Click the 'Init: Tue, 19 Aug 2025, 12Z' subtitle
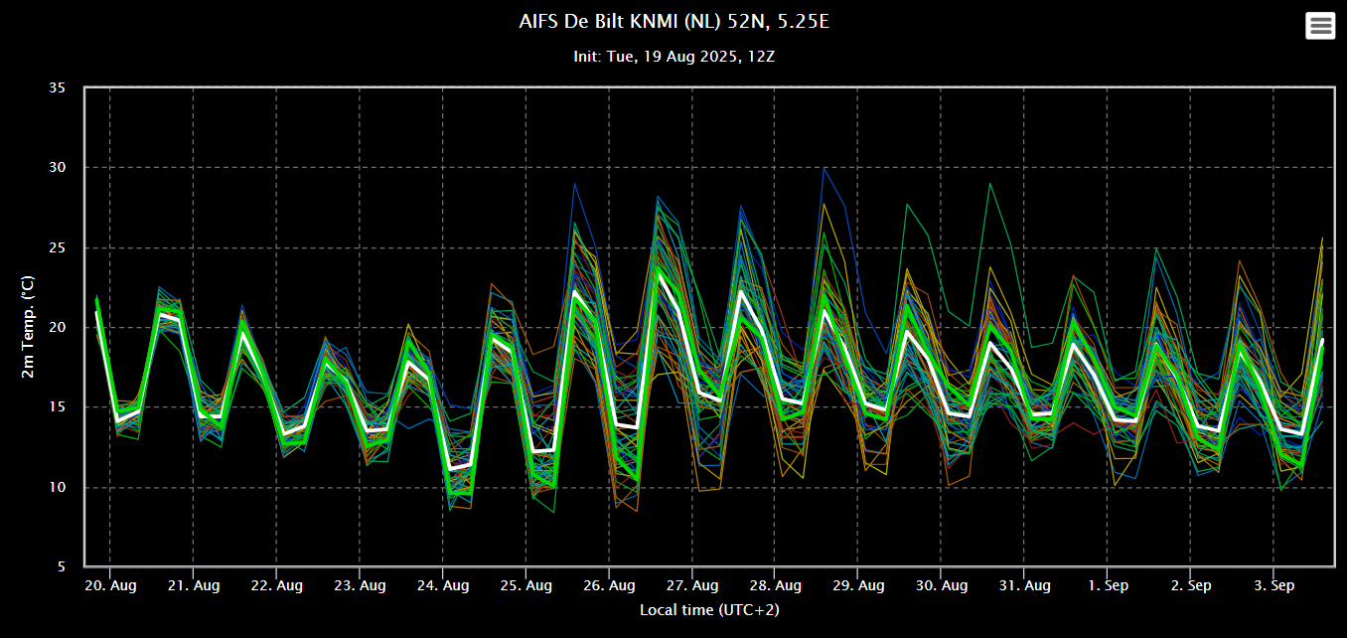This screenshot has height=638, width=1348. [x=674, y=57]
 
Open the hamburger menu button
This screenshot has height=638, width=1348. [x=1320, y=26]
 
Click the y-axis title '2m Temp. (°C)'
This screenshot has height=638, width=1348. [x=28, y=327]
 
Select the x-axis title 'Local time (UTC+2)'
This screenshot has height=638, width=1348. [x=709, y=610]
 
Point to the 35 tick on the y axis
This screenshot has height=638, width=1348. [x=58, y=87]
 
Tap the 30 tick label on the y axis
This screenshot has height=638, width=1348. [x=58, y=167]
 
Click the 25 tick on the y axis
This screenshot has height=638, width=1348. [x=58, y=247]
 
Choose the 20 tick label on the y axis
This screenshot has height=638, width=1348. [x=58, y=327]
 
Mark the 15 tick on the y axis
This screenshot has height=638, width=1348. [x=58, y=406]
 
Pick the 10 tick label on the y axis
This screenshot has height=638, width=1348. [x=58, y=487]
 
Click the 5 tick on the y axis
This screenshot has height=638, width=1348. [x=62, y=566]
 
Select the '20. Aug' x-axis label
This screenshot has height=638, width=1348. [x=110, y=585]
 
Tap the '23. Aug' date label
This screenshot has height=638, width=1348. [x=360, y=585]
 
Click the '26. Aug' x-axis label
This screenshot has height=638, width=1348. [x=609, y=585]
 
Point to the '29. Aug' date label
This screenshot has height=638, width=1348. [x=858, y=585]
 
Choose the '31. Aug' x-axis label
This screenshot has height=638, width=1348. [x=1025, y=585]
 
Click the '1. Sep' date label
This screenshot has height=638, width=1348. [x=1108, y=585]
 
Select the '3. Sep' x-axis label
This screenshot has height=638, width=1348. [x=1273, y=585]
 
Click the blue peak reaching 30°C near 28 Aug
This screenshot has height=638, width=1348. [x=824, y=169]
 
